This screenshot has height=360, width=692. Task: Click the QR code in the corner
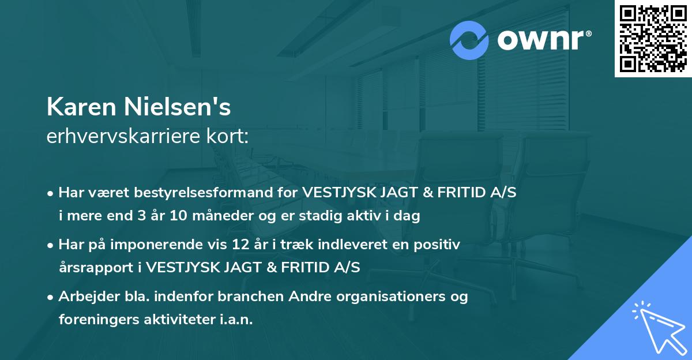(653, 39)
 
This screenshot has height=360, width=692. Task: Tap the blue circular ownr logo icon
(470, 40)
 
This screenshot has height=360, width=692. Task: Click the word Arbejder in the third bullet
(84, 297)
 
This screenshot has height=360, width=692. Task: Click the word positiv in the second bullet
(440, 245)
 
